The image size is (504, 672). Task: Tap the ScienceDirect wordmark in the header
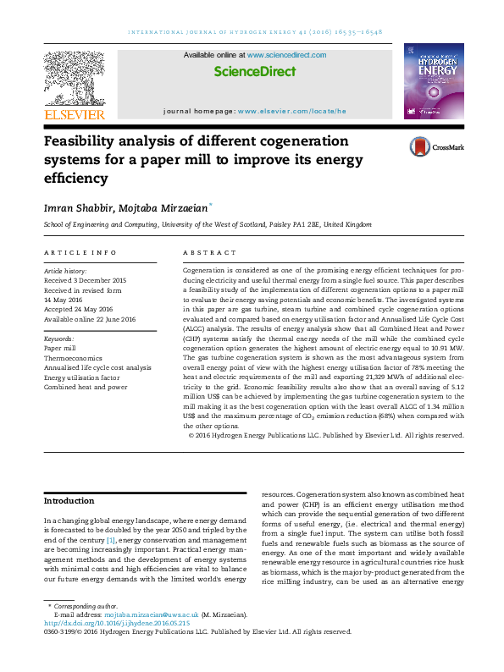tap(254, 72)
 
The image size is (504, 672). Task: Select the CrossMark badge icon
tap(420, 146)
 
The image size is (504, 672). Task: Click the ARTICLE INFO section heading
tap(69, 253)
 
